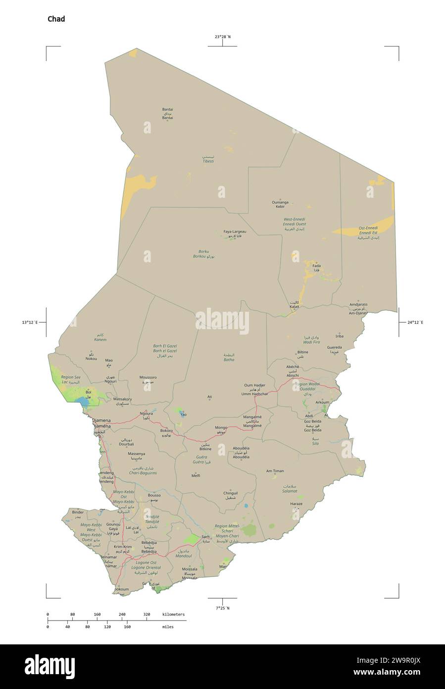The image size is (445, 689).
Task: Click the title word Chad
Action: tap(56, 19)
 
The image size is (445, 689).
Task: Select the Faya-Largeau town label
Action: tap(235, 231)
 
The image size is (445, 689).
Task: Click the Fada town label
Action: tap(316, 266)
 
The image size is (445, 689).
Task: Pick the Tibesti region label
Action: tap(208, 162)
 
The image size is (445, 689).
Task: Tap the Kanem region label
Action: tap(100, 340)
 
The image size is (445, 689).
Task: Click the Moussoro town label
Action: tap(148, 377)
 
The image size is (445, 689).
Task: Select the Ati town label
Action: tap(210, 397)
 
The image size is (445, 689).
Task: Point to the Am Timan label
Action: tap(275, 471)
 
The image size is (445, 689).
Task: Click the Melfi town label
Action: tap(196, 475)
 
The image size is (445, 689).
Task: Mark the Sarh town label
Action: tap(206, 537)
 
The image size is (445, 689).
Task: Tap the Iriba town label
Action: tap(339, 336)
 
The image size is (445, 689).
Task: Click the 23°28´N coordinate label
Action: tap(222, 37)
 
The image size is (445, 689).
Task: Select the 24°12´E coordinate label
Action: tap(415, 323)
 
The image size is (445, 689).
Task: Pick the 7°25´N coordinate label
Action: tap(222, 608)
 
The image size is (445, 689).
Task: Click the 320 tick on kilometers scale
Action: tap(147, 614)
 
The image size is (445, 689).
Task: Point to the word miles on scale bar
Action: tap(167, 627)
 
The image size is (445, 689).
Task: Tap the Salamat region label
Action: tap(290, 491)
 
